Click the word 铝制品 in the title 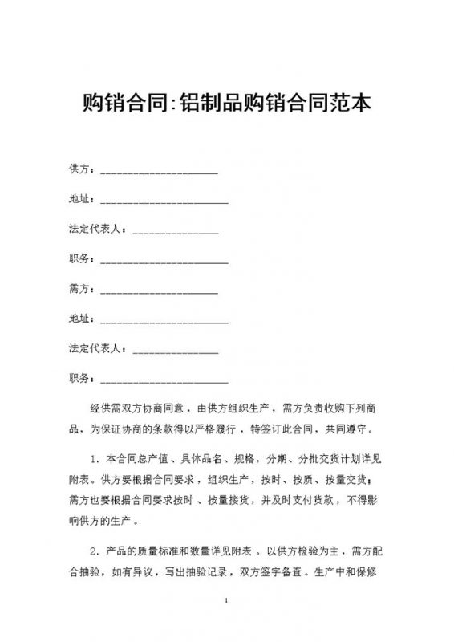217,104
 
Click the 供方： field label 83,170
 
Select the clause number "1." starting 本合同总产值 94,460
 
